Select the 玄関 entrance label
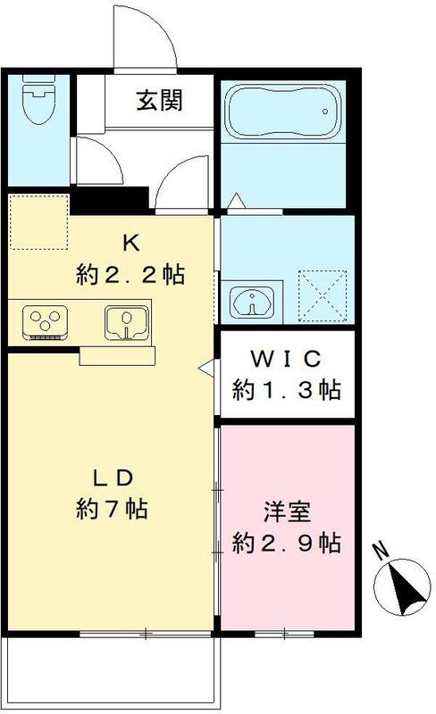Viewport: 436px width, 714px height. point(160,101)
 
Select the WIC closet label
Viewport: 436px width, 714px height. point(285,359)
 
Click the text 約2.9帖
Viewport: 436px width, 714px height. point(286,542)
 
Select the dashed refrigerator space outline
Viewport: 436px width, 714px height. point(38,221)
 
